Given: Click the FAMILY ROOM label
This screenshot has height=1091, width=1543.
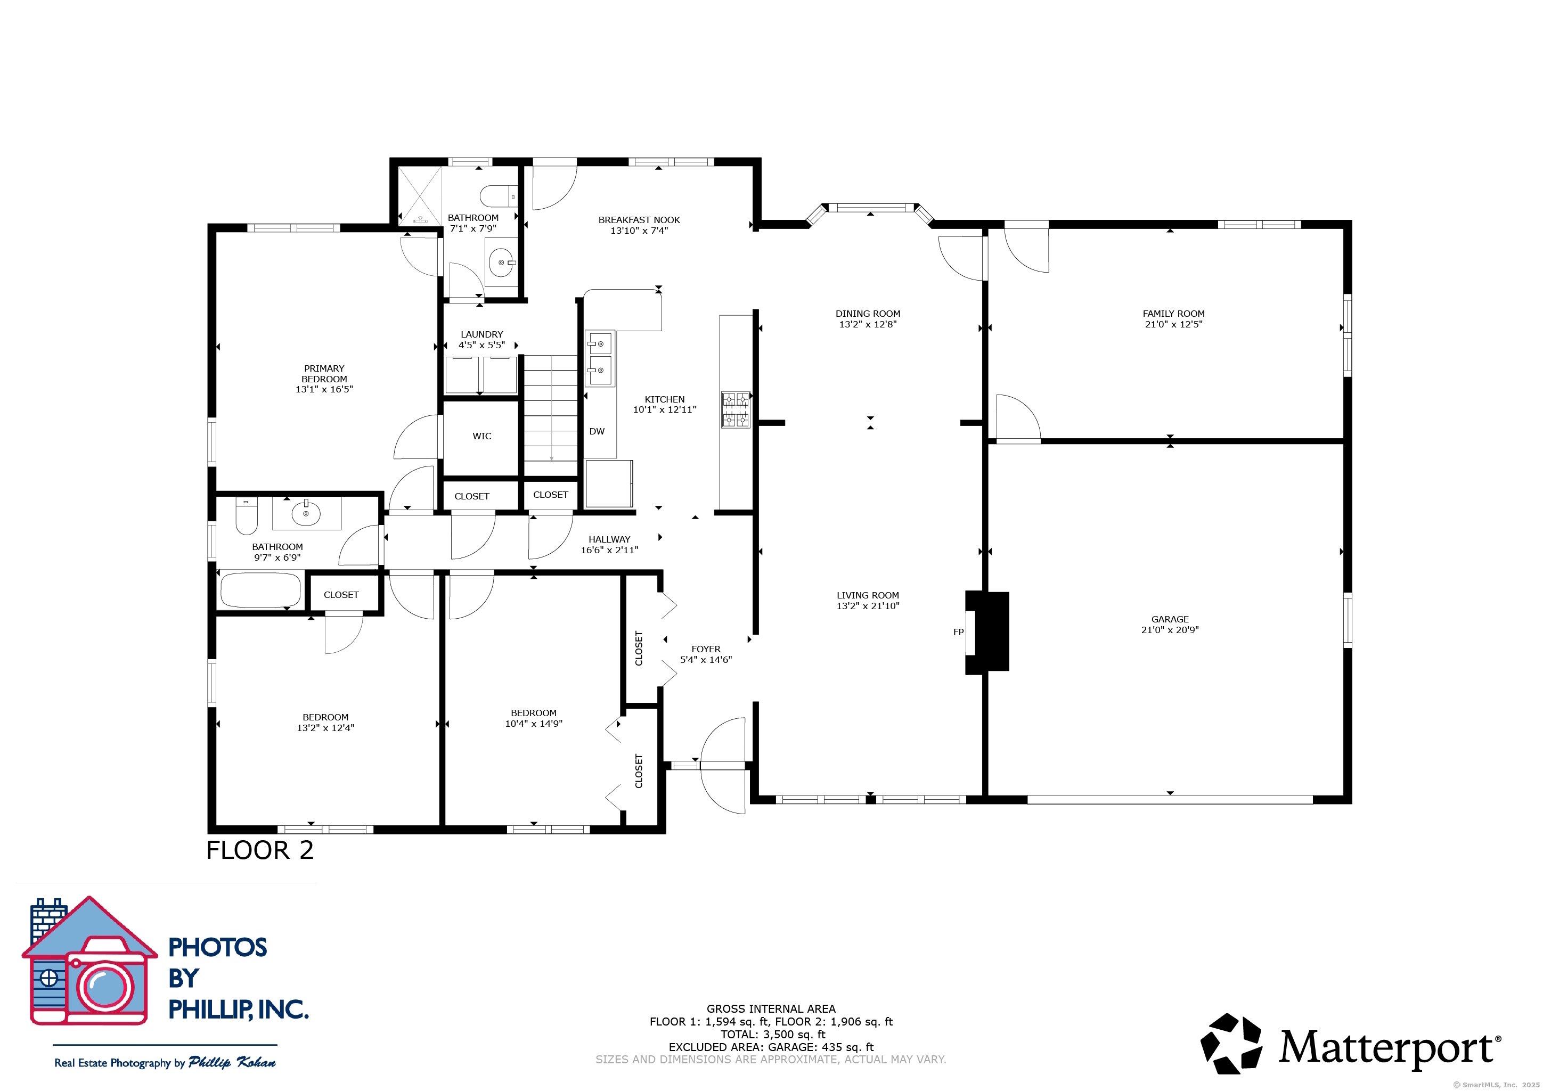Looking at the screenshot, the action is coord(1173,314).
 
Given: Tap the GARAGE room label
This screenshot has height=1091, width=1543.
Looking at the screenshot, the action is coord(1170,619).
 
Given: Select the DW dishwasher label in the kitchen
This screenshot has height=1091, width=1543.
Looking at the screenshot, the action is coord(597,431).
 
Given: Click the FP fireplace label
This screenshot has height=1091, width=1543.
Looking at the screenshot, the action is coord(958,632).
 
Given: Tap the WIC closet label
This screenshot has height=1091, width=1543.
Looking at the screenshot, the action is coord(482,436).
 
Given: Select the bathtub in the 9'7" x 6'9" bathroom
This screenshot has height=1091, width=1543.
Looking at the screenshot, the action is coord(261,590).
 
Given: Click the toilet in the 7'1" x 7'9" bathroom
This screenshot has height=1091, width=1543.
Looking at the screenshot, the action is coord(499,196).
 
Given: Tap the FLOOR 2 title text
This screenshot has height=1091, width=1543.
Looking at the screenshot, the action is coord(260,850).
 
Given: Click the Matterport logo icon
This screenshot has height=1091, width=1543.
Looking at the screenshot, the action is coord(1231,1043).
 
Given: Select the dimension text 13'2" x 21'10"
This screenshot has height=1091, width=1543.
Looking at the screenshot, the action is coord(868,606).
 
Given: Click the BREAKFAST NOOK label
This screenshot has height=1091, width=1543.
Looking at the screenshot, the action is coord(639,220).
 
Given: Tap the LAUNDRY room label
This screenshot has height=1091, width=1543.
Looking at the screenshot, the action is coord(482,334).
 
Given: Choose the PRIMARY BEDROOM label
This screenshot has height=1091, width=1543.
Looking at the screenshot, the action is coord(324,374).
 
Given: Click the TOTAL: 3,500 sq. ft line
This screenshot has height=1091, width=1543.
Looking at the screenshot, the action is coord(773,1035).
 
